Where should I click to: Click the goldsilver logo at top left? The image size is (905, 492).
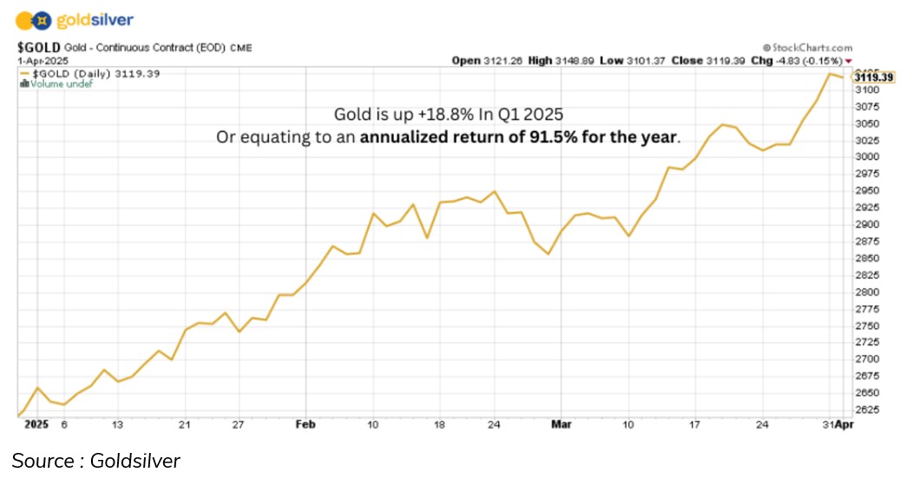click(x=75, y=20)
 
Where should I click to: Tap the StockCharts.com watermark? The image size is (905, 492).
click(x=807, y=49)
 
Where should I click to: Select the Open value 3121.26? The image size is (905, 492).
click(x=502, y=61)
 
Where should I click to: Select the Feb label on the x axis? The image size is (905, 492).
click(x=305, y=425)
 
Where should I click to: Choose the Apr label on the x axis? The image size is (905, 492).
click(x=843, y=425)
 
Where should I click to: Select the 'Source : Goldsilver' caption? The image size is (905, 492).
click(x=95, y=461)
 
